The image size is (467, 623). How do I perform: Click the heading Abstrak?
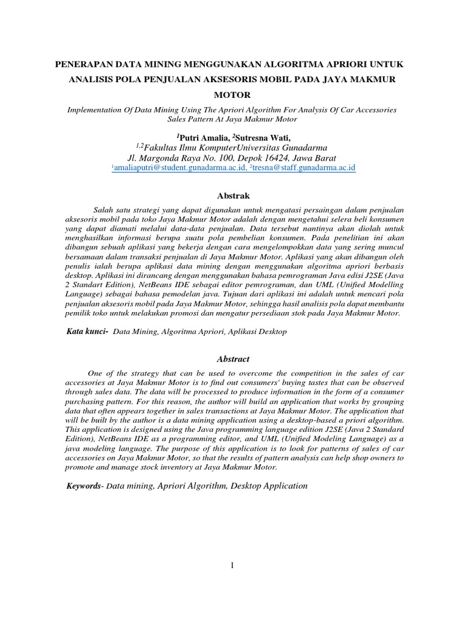pos(233,195)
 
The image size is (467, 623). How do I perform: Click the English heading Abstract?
pos(233,359)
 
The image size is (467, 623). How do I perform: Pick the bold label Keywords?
pos(85,486)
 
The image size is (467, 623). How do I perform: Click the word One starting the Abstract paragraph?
pos(97,373)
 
